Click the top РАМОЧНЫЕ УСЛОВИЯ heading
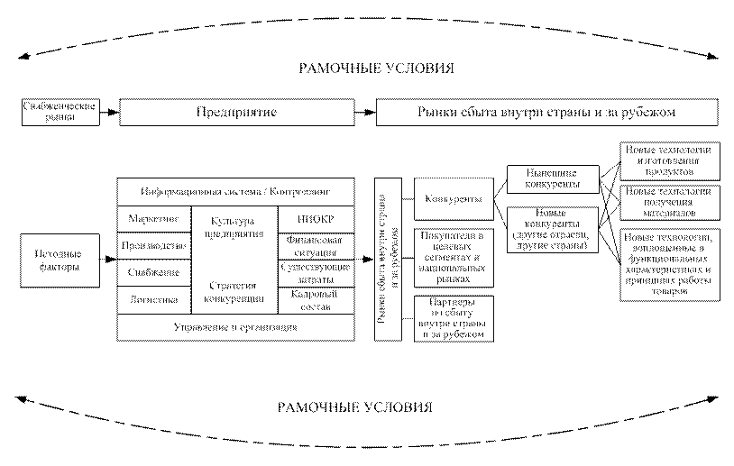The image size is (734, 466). [377, 69]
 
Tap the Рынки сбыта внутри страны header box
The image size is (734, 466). [546, 113]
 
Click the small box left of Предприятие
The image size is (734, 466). [59, 112]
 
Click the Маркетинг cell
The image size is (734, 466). [149, 219]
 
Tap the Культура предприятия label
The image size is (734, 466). [232, 225]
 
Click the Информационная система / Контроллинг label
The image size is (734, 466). [236, 192]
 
